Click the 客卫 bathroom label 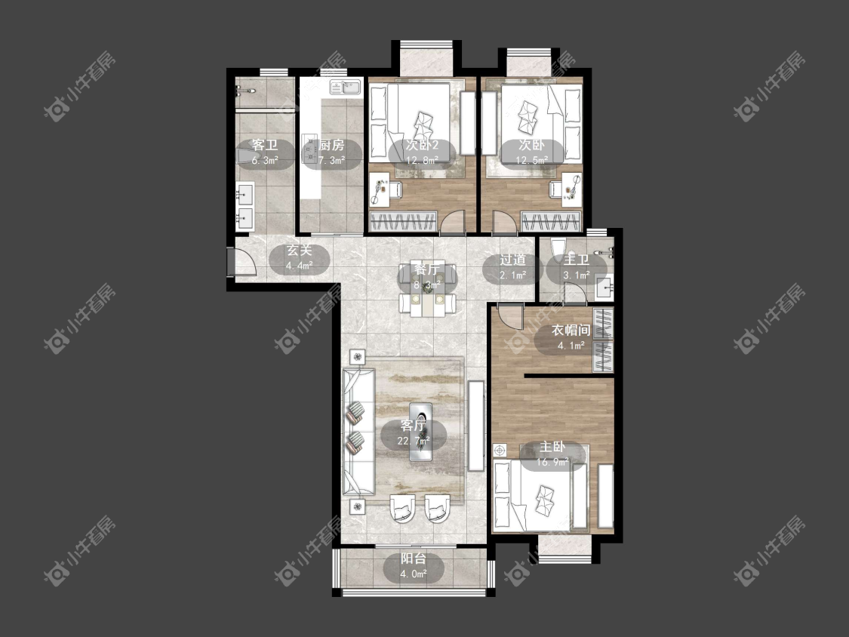click(x=265, y=145)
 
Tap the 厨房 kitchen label click(x=331, y=145)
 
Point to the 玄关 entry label click(x=300, y=251)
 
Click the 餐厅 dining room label click(x=427, y=269)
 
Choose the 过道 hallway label click(x=512, y=260)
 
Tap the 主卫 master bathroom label click(x=576, y=260)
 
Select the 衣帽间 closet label click(x=571, y=330)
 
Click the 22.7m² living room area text click(x=414, y=441)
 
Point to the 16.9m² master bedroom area click(x=552, y=462)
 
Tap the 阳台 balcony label click(x=413, y=559)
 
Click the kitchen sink click(x=346, y=86)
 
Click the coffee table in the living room click(x=421, y=431)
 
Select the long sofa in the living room click(x=358, y=431)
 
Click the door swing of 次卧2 click(x=453, y=221)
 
